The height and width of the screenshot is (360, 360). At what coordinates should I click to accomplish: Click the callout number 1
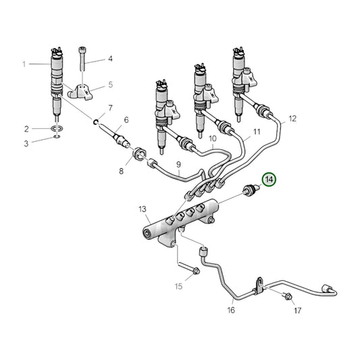24,64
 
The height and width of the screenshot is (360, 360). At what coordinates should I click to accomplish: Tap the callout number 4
110,59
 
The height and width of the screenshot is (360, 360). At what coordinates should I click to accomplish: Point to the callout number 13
143,209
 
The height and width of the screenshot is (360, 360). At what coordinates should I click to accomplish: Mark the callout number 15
178,286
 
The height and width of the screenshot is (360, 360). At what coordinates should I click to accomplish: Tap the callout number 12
292,119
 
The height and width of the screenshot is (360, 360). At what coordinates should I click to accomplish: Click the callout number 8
122,171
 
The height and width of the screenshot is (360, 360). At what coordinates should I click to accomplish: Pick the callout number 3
27,143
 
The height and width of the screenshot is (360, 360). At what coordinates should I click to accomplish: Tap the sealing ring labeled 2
57,128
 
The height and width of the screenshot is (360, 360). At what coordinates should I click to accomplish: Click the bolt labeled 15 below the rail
195,272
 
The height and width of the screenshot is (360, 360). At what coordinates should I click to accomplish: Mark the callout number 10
212,140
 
